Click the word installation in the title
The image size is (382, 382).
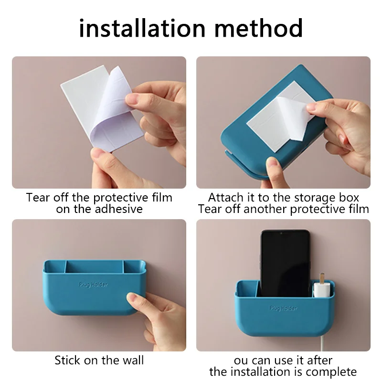(142, 28)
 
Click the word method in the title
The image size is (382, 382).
(258, 28)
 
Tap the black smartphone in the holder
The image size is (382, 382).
(285, 263)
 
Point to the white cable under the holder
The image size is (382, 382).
(322, 344)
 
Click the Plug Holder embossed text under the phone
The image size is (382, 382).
(283, 308)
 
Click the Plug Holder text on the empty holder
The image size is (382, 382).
(93, 285)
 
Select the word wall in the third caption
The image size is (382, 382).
(133, 360)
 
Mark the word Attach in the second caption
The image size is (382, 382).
(225, 197)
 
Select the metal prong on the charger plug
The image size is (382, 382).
(322, 278)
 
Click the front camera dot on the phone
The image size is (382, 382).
(281, 233)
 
